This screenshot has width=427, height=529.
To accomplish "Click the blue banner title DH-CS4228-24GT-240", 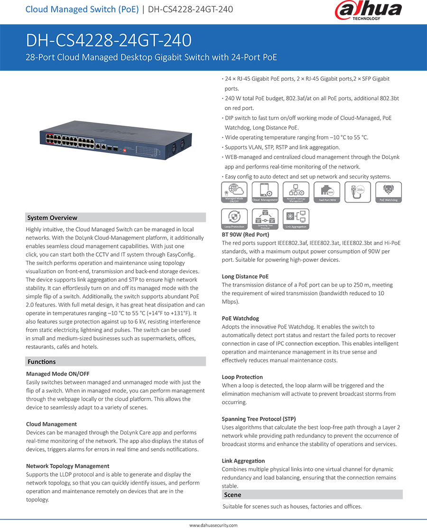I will pos(109,40).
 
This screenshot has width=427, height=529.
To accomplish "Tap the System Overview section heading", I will pos(52,218).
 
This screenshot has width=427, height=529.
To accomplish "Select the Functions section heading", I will pos(42,362).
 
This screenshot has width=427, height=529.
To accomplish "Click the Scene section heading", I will pos(232,495).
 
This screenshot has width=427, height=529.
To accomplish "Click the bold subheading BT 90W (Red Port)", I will pos(245,235).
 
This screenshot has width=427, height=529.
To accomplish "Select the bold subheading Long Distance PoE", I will pos(245,276).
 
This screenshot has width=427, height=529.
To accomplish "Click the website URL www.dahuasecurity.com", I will pos(213,525).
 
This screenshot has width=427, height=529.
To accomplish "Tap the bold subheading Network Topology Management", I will pos(68,466).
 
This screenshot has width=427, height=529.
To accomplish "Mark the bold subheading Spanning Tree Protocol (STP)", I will pos(259,419).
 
